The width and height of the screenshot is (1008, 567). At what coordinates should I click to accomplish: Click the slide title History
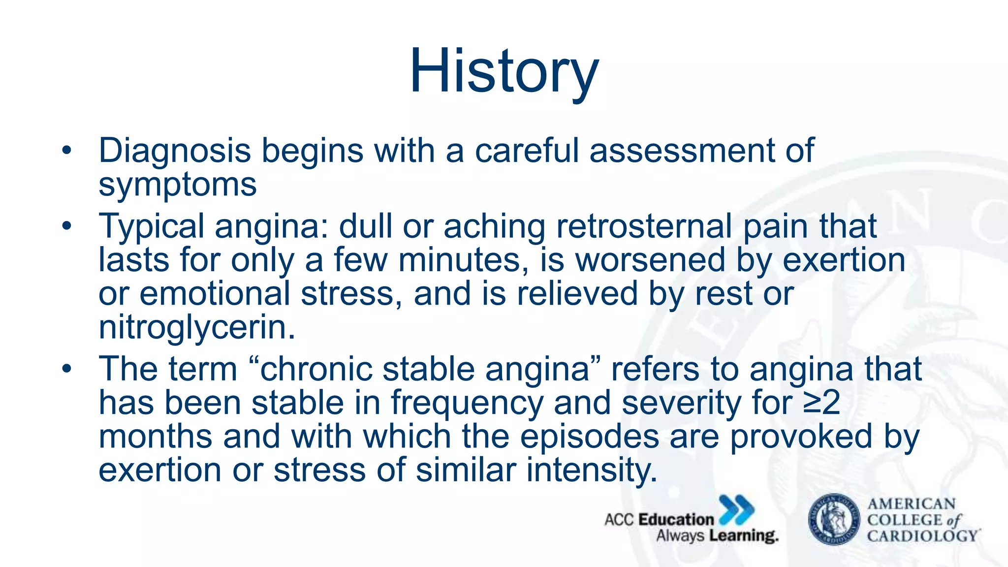coord(504,71)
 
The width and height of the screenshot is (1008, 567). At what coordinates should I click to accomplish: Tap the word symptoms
coord(178,186)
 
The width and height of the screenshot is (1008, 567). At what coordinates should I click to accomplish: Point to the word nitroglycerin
coord(196,328)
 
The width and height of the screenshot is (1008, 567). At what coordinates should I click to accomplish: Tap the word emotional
coord(215,294)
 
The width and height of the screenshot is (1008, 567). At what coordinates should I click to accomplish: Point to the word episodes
coord(589,437)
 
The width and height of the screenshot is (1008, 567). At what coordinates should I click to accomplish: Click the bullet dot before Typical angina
coord(67,227)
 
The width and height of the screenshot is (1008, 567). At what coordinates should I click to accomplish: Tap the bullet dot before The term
coord(67,369)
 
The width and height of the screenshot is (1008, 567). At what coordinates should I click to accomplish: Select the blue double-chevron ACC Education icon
coord(736,510)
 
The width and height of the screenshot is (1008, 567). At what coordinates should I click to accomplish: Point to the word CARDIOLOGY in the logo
coord(922,535)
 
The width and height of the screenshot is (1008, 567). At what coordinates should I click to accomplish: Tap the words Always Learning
coord(717,535)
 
